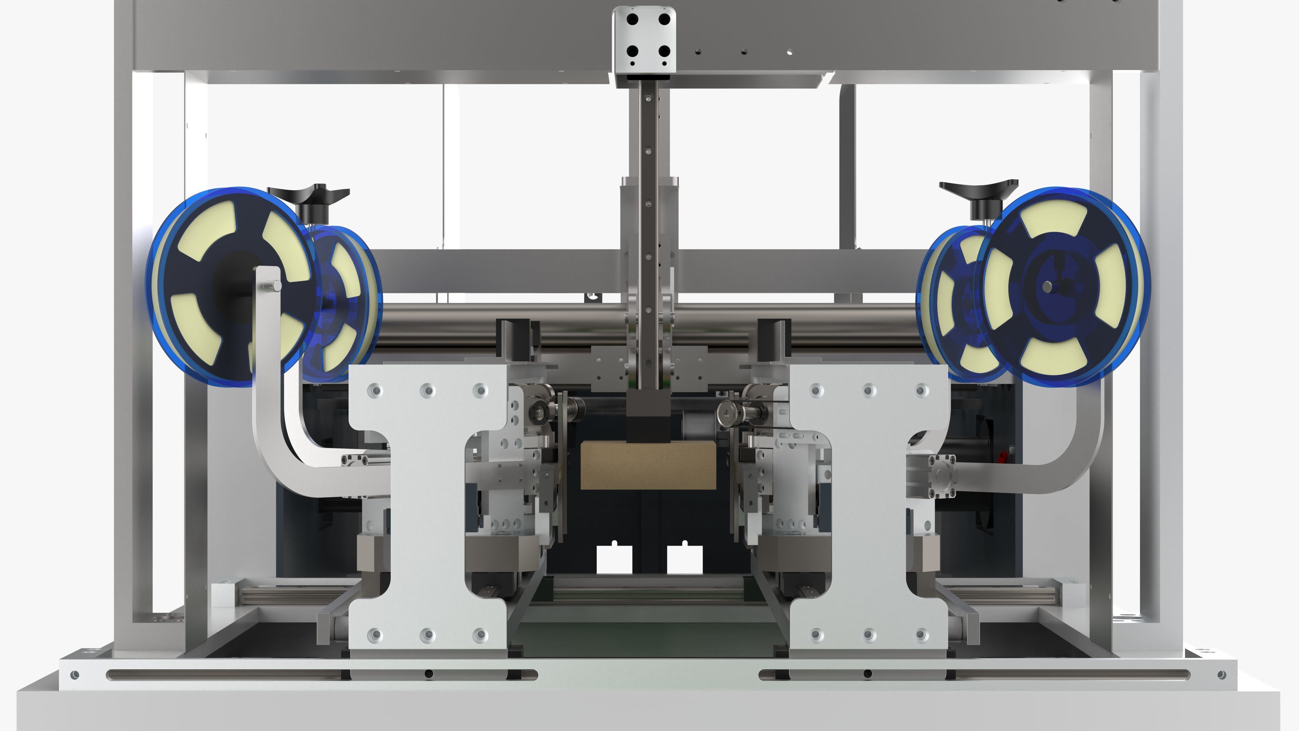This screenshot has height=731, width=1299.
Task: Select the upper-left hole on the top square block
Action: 632,20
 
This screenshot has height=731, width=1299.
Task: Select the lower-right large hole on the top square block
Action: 664,51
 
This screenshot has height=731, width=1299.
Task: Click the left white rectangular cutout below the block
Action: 614,559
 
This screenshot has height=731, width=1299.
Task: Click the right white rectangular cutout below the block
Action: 684,559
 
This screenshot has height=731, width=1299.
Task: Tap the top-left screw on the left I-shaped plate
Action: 375,390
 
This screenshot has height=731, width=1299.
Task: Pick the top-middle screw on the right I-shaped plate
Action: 868,390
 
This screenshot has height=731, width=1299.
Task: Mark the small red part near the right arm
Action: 1003,457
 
